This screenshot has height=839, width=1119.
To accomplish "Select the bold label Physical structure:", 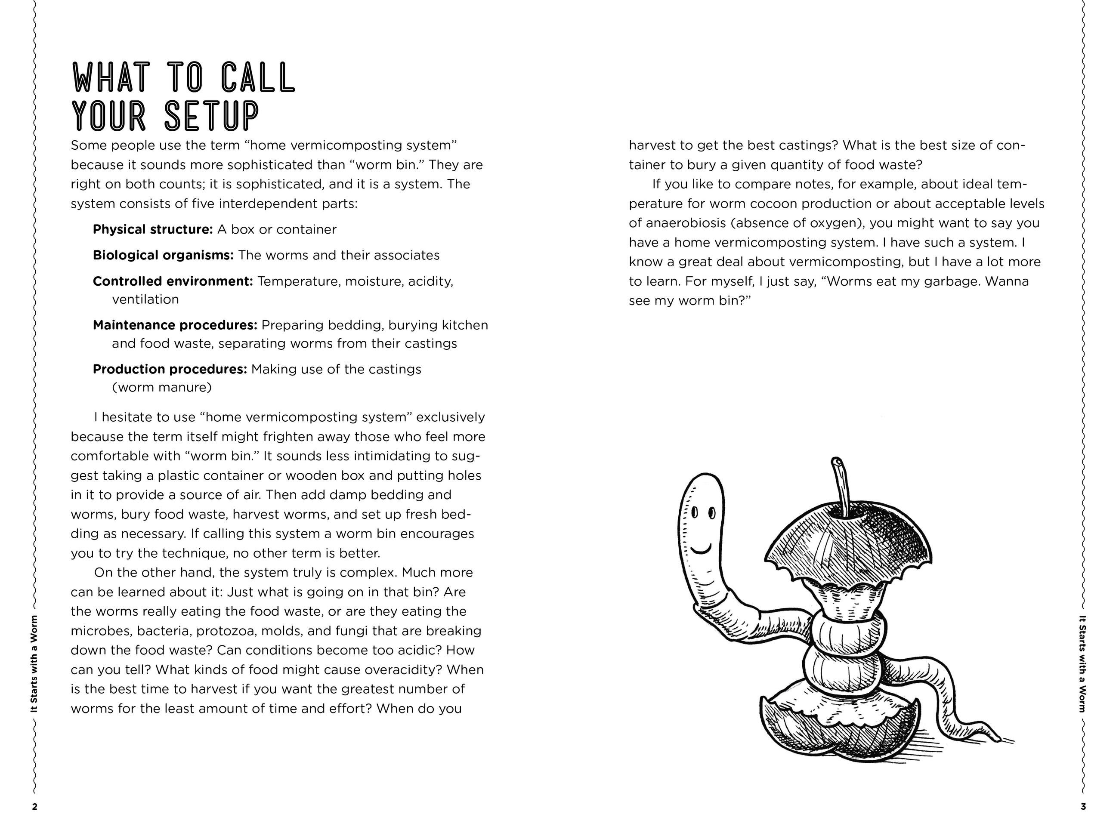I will click(x=153, y=230).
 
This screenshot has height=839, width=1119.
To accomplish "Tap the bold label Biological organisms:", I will click(x=163, y=256).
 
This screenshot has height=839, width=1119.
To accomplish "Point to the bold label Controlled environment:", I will click(x=173, y=281).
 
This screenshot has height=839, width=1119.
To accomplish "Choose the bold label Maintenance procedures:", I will click(x=175, y=325).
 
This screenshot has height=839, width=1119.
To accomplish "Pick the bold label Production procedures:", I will click(x=170, y=369).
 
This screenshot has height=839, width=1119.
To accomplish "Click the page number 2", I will click(x=35, y=807).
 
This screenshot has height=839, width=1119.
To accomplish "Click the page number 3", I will click(x=1083, y=807).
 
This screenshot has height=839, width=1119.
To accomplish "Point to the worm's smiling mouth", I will click(x=701, y=549).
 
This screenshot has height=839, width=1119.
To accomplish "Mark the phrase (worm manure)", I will click(x=161, y=387).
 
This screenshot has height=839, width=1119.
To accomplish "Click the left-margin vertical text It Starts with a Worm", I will click(x=34, y=663).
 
